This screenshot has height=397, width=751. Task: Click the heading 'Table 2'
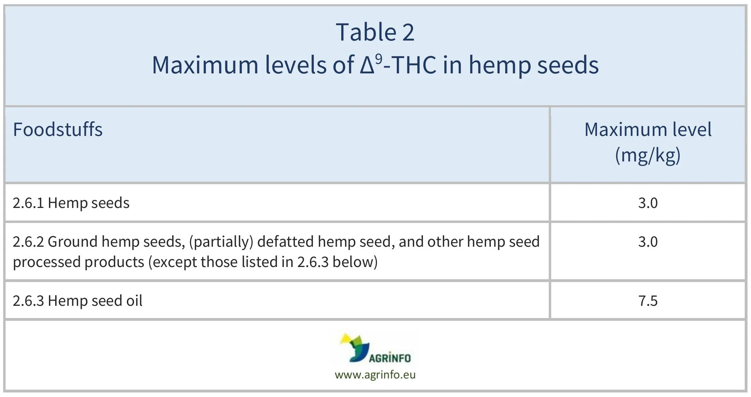pos(375,32)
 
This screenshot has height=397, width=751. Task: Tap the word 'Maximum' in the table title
pos(205,65)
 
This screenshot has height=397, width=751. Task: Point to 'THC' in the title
pos(414,65)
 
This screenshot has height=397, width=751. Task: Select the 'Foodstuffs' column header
pos(58,130)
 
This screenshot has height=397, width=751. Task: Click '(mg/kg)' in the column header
pos(648,155)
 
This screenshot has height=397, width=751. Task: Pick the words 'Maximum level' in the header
pos(648,130)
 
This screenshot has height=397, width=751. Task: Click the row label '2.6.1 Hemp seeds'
pos(71,203)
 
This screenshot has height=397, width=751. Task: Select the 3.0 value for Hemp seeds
pos(648,203)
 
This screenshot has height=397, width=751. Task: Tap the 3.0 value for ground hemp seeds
pos(648,242)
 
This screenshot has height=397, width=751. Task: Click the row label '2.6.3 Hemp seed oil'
pos(78,301)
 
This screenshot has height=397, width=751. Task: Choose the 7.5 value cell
pos(648,301)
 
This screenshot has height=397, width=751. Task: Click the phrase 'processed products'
pos(79,262)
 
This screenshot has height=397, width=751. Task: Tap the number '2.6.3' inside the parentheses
pos(313,262)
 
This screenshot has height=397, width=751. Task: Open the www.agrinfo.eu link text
pos(375,375)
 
